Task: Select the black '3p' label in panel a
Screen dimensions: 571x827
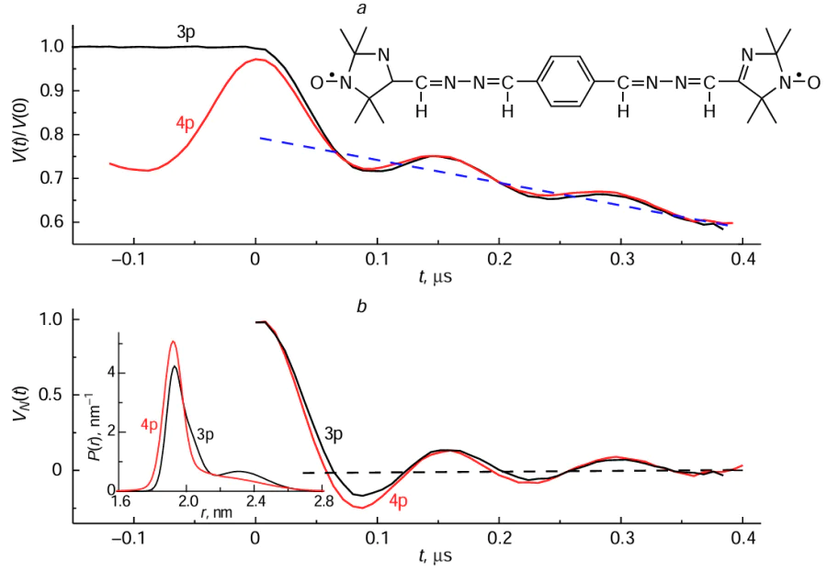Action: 187,30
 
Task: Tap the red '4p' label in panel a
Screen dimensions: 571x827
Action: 189,122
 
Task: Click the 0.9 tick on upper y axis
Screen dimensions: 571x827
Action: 52,91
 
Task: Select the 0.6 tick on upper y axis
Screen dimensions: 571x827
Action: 52,222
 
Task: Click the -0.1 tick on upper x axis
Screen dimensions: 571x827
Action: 132,258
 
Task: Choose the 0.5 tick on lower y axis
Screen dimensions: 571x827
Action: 52,395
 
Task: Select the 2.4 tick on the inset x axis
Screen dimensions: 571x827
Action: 255,501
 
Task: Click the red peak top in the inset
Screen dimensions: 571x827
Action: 173,341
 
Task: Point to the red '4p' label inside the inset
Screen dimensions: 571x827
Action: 151,425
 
